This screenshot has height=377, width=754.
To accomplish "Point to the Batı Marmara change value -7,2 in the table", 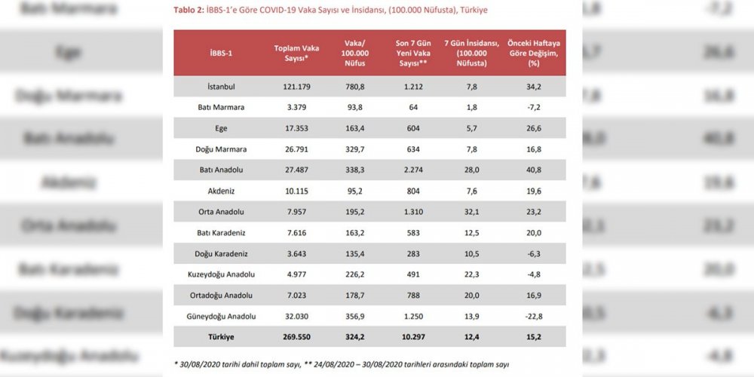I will [537, 107].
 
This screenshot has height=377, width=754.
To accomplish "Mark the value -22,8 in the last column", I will [537, 316].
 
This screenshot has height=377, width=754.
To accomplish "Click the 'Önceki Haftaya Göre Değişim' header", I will [537, 54].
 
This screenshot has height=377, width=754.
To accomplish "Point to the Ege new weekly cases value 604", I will [412, 128].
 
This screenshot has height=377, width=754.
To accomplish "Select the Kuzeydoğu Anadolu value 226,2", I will [354, 274].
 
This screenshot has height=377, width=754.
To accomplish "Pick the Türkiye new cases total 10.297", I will [412, 337].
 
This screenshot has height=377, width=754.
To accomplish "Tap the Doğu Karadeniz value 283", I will [412, 253].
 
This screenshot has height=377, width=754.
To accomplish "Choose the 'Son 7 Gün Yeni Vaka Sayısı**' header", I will [412, 54].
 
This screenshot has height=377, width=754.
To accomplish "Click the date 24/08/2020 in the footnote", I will [327, 363].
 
